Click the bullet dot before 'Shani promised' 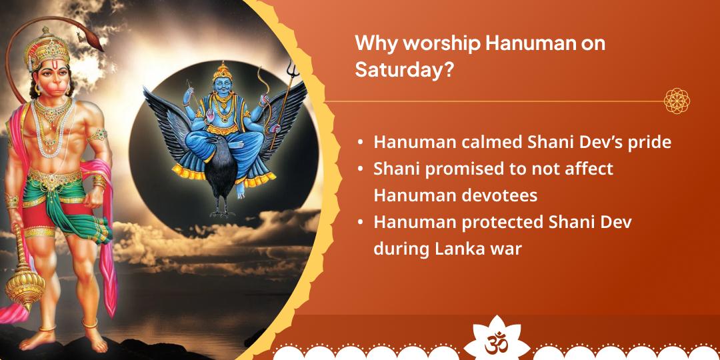(x=361, y=169)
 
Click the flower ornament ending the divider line (x=677, y=101)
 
